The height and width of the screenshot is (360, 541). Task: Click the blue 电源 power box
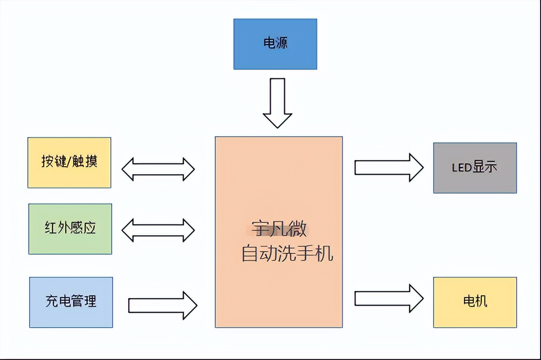[275, 44]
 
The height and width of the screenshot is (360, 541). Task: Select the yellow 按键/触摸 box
[69, 162]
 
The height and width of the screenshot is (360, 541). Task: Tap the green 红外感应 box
[70, 229]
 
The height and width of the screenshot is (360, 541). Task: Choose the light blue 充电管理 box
[71, 302]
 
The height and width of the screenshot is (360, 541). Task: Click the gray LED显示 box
[475, 168]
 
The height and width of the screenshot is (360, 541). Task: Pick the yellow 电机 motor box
[475, 302]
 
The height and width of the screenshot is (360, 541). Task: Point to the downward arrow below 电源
[278, 103]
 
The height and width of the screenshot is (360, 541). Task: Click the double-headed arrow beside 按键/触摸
[158, 169]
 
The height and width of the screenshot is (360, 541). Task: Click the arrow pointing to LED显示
[389, 168]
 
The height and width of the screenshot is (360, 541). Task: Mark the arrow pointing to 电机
[389, 299]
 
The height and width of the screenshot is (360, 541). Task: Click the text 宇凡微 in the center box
[279, 230]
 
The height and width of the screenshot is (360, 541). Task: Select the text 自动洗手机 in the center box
[287, 254]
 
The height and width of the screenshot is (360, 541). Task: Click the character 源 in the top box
[282, 43]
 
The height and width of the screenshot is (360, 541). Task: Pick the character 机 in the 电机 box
[481, 302]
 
